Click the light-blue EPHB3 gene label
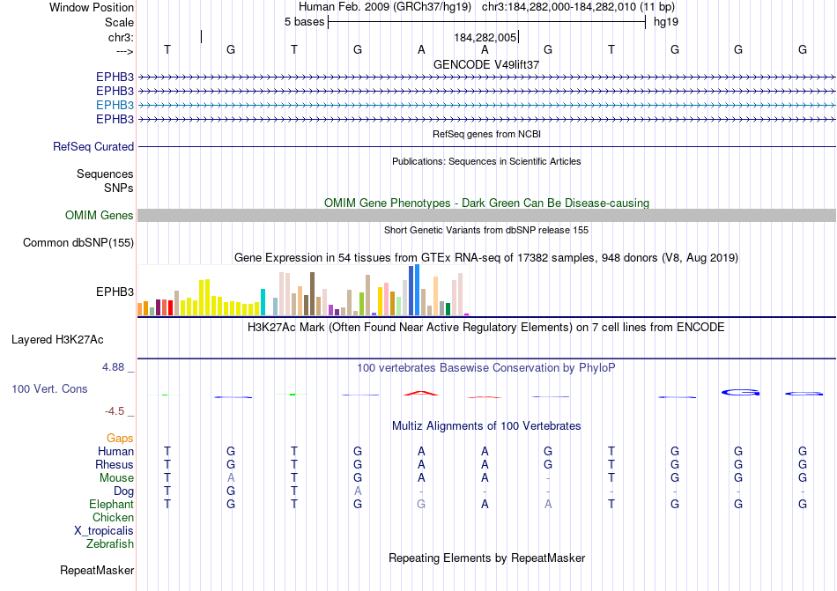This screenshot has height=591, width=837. pos(115,105)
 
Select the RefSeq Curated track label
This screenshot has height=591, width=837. pos(93,147)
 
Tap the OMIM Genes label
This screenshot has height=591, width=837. pos(100,216)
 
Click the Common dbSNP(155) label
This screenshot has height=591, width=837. pos(78,243)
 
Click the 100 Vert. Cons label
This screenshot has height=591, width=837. pos(50,388)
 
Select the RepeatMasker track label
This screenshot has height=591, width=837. pos(97,571)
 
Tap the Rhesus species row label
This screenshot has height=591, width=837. pos(115,465)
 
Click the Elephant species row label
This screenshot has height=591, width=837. pos(111,505)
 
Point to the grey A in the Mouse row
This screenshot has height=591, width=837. pos(231,478)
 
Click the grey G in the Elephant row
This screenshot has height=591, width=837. pos(421,505)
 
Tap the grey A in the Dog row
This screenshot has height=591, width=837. pos(358,491)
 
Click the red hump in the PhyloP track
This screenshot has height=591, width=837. pos(420,393)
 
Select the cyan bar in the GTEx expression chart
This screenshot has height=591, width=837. pos(263,302)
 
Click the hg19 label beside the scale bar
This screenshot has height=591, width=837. pos(665,21)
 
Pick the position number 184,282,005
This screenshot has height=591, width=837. pos(485,38)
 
